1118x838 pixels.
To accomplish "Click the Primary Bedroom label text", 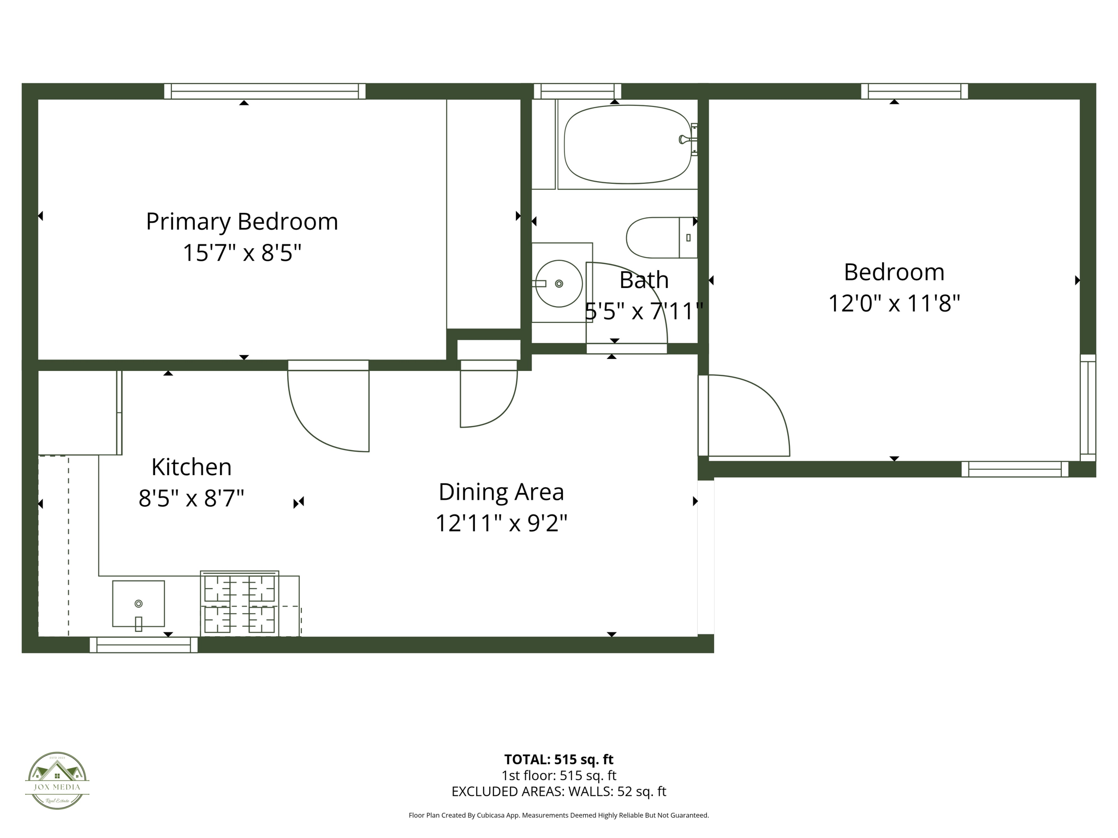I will tap(242, 222).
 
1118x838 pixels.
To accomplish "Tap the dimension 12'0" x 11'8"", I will tap(894, 303).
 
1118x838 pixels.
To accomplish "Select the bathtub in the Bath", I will tap(627, 144).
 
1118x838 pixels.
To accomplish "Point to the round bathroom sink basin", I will tap(558, 284).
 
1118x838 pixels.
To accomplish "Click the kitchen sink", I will tap(138, 603).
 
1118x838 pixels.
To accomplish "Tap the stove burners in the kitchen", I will tap(240, 604).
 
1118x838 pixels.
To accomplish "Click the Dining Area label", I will tap(501, 492).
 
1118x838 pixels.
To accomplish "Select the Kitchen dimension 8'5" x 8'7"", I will tap(191, 499).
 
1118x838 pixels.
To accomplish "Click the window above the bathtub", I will tap(577, 91).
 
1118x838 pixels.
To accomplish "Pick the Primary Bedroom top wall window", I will tap(265, 91).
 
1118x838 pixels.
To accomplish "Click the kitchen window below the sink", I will tap(144, 645).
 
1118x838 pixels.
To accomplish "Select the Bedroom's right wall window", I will tap(1087, 408).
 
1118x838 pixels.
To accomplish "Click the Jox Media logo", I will tap(57, 780).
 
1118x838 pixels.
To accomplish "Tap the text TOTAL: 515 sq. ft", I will tap(558, 759).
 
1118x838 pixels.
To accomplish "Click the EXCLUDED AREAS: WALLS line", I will tap(558, 792).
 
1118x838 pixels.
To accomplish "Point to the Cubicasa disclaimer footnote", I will tap(558, 816).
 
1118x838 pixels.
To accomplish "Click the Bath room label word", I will tap(644, 280).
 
